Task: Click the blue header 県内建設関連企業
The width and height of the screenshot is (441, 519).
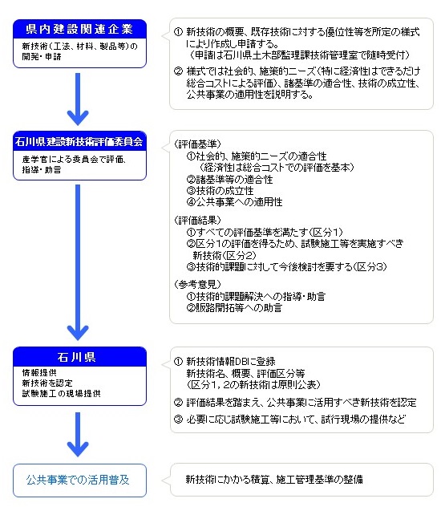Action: pos(79,29)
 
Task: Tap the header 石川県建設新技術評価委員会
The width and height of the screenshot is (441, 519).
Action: pos(79,142)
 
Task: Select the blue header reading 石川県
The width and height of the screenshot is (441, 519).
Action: pos(79,357)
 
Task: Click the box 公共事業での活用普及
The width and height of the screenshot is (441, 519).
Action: pos(79,480)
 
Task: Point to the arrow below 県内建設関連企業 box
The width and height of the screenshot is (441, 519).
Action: pos(78,99)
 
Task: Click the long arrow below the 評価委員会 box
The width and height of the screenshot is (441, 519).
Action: pos(78,262)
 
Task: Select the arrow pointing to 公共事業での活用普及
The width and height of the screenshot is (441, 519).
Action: pos(78,435)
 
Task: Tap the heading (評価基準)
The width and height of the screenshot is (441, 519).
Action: pos(197,144)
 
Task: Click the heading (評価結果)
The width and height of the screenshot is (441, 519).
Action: pos(197,220)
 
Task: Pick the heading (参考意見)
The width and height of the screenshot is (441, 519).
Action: pos(197,284)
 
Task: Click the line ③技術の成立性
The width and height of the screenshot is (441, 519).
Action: pos(220,191)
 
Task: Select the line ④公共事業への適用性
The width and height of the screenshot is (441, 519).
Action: pos(234,202)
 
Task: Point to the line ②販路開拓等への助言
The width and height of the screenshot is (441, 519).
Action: pos(234,308)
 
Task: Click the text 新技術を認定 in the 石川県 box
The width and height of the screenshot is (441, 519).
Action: pos(47,383)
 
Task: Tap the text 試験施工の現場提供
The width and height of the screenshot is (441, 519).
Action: pos(61,393)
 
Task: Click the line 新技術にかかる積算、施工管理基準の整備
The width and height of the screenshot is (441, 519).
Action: pos(274,479)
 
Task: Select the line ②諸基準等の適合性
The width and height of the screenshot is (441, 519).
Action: pos(229,180)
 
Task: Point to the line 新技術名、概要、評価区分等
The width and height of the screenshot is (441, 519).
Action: pos(245,373)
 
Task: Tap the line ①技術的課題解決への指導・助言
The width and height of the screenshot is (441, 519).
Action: pos(256,296)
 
